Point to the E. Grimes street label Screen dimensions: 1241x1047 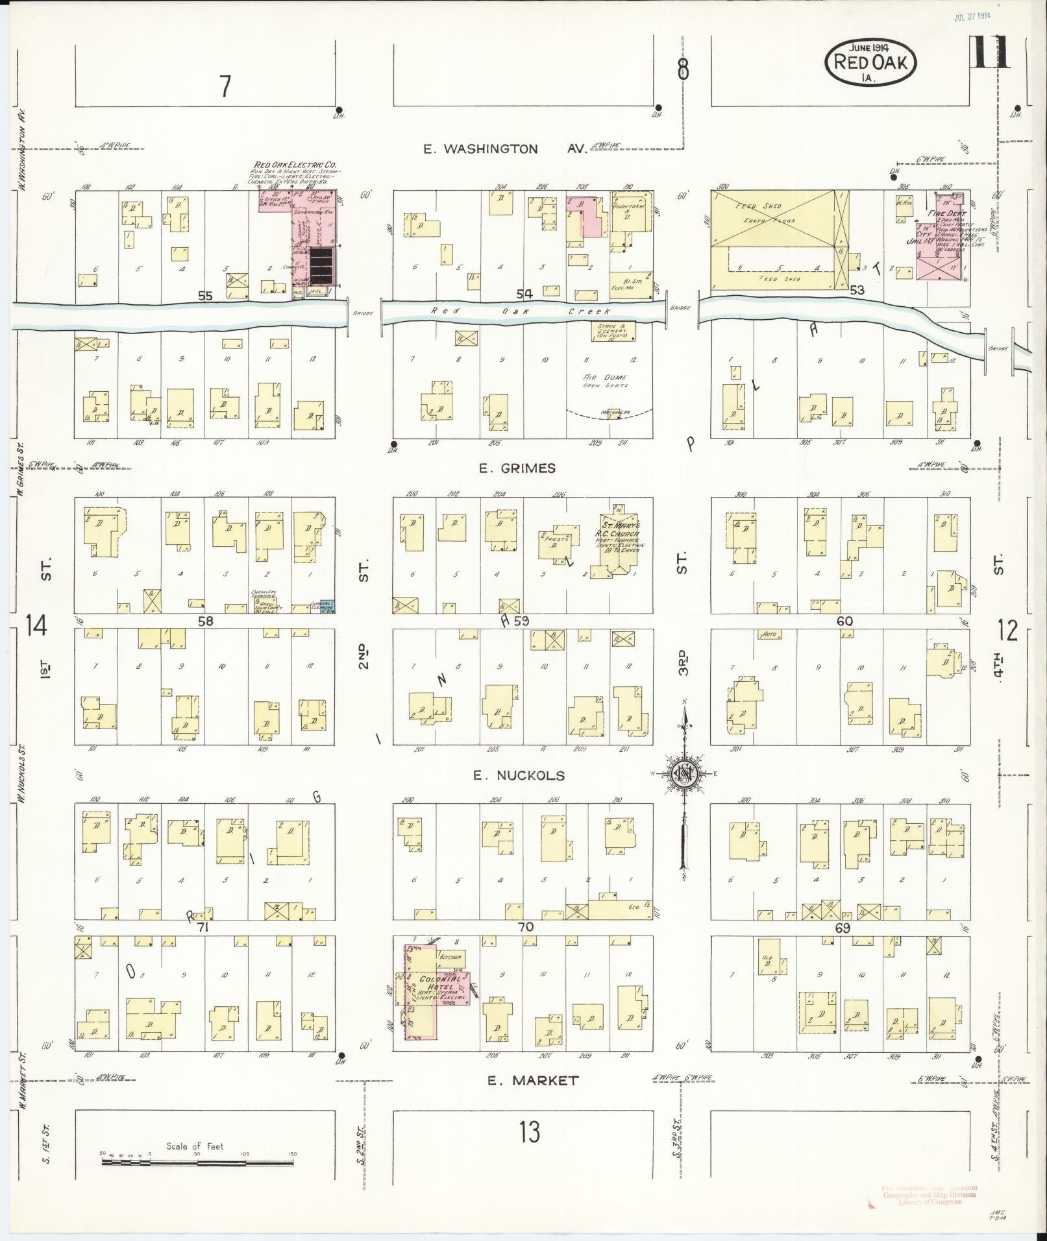coord(517,468)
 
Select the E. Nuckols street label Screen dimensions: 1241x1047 coord(518,775)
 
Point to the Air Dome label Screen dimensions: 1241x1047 coord(604,378)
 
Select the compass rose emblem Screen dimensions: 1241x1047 coord(684,773)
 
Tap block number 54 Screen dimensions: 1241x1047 coord(524,295)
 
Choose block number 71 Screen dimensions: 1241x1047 coord(203,928)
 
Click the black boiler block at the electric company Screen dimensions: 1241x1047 coord(323,266)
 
